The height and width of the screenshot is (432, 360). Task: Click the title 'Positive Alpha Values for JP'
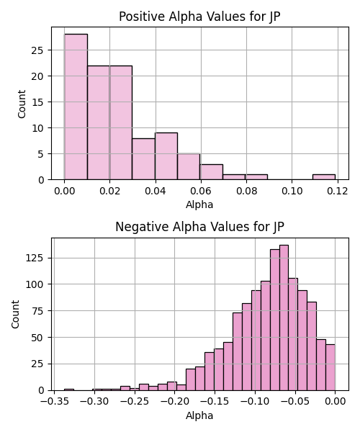[x=199, y=17]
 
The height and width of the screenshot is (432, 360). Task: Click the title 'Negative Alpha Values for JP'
[x=199, y=227]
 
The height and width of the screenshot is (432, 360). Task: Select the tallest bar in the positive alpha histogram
[x=76, y=107]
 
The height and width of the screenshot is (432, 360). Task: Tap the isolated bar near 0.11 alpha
[x=324, y=177]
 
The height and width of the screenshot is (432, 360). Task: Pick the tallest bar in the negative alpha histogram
[x=284, y=318]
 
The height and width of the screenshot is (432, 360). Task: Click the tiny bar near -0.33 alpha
[x=69, y=390]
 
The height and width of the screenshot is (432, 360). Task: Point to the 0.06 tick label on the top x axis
[x=201, y=191]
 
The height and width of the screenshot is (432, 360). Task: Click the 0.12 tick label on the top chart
[x=338, y=191]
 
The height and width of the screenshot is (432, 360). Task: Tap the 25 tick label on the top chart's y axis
[x=37, y=50]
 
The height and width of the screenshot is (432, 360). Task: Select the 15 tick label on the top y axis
[x=37, y=102]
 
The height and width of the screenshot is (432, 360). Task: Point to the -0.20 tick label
[x=175, y=402]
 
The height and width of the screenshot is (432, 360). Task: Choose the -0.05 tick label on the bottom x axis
[x=295, y=402]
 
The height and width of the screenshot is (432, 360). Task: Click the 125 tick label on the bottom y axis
[x=35, y=258]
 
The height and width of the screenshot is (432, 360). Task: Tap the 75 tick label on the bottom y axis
[x=37, y=311]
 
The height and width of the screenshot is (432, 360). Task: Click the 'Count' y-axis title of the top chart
[x=22, y=104]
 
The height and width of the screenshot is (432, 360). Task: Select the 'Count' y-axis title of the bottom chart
[x=15, y=315]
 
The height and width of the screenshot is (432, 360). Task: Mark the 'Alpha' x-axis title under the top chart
[x=199, y=204]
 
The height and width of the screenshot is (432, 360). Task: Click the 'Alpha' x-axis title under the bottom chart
[x=199, y=415]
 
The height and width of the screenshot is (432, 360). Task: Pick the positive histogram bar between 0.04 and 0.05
[x=166, y=156]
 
